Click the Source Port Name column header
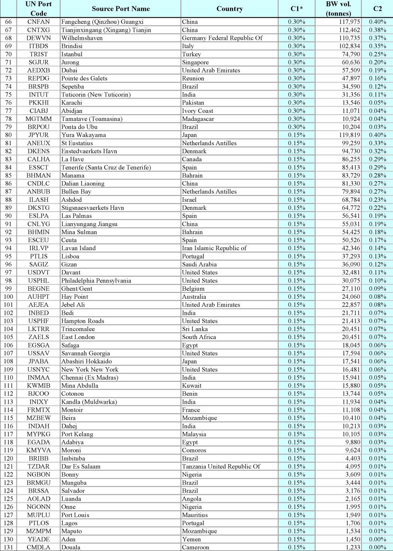121,9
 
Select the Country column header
229,9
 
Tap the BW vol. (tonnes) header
338,9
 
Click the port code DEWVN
39,38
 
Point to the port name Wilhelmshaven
82,38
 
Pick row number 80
9,135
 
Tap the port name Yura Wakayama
84,135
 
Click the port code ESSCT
39,167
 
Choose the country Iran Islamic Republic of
214,248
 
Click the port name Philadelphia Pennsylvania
96,281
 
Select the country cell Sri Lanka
195,329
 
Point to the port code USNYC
39,370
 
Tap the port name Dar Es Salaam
81,467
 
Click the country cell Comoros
194,450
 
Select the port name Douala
71,547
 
